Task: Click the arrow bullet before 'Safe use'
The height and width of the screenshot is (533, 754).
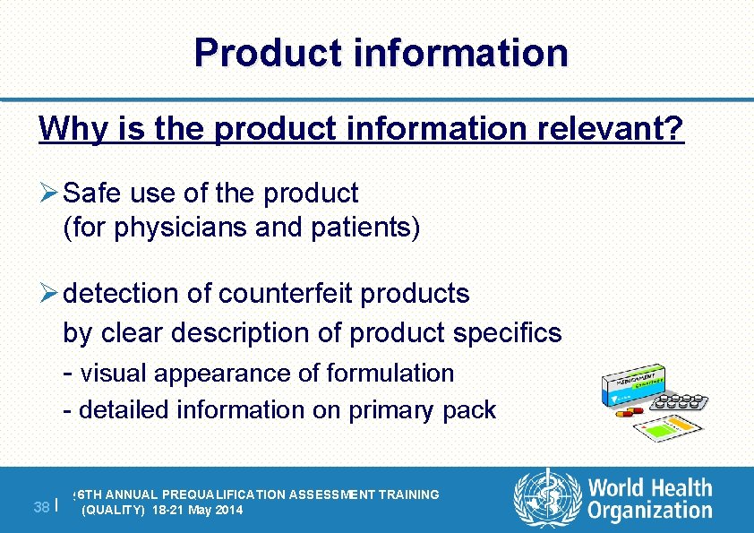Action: tap(49, 193)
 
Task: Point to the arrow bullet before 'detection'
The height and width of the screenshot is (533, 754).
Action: tap(49, 293)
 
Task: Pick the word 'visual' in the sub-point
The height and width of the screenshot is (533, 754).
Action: tap(118, 373)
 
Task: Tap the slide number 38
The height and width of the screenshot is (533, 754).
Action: tap(40, 507)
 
